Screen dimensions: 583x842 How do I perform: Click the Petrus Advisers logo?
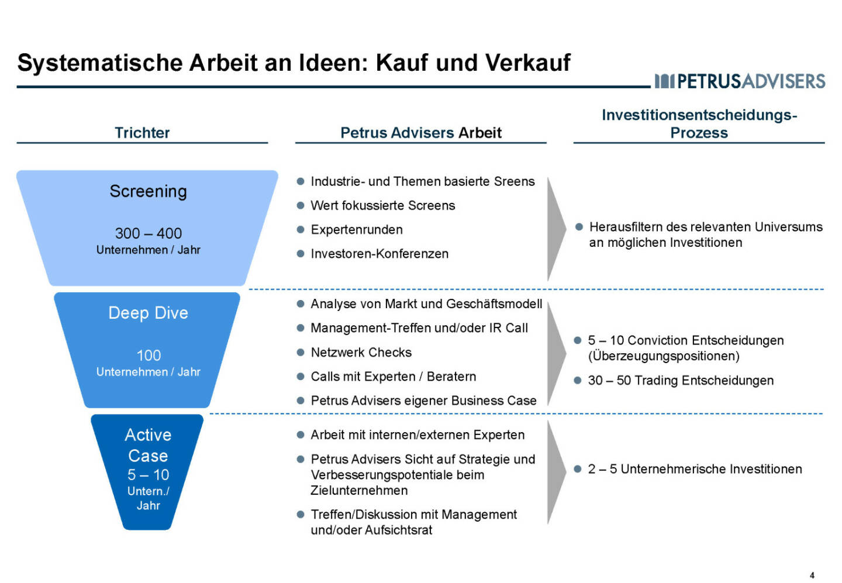pyautogui.click(x=740, y=81)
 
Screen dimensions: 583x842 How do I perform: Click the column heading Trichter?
pyautogui.click(x=142, y=133)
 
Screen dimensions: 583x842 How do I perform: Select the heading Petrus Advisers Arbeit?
pyautogui.click(x=420, y=133)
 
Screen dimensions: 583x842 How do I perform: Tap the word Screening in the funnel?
pyautogui.click(x=148, y=191)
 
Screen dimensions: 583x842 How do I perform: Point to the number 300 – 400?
pyautogui.click(x=149, y=233)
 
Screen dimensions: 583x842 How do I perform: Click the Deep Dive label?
pyautogui.click(x=148, y=313)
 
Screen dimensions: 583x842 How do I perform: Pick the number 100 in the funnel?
pyautogui.click(x=149, y=356)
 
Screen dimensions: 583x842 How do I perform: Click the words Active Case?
pyautogui.click(x=148, y=445)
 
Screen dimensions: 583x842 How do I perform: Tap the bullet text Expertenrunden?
pyautogui.click(x=357, y=230)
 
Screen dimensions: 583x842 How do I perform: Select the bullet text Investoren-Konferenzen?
pyautogui.click(x=379, y=254)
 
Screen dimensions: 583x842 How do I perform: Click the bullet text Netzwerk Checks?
pyautogui.click(x=361, y=353)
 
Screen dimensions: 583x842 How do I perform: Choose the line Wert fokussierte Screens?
pyautogui.click(x=382, y=205)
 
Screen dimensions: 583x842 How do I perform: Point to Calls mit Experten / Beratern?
pyautogui.click(x=393, y=377)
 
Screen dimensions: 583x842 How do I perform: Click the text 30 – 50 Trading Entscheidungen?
pyautogui.click(x=681, y=381)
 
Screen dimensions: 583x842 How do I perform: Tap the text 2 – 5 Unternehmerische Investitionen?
pyautogui.click(x=695, y=469)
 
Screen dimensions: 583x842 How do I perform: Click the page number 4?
pyautogui.click(x=812, y=575)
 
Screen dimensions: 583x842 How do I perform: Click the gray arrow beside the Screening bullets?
pyautogui.click(x=556, y=229)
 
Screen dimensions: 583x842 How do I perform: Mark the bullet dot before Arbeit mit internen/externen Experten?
pyautogui.click(x=301, y=435)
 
